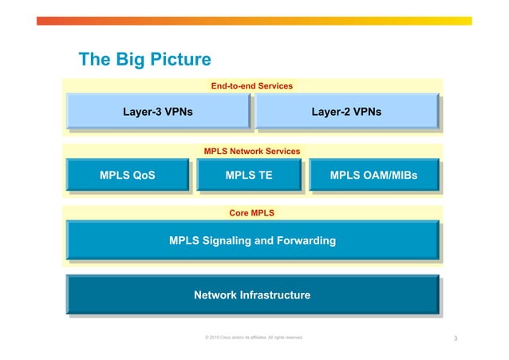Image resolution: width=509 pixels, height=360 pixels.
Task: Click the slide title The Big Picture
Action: point(144,60)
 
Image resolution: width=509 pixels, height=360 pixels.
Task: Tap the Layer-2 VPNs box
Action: point(345,112)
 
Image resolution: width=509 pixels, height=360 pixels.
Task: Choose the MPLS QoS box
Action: point(127,176)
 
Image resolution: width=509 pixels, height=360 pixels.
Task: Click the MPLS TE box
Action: point(249,176)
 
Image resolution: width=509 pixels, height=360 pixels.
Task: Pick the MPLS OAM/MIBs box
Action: point(373,176)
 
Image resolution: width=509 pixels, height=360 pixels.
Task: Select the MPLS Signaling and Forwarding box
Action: point(252,240)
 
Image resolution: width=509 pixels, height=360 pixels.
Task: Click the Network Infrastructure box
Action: point(252,295)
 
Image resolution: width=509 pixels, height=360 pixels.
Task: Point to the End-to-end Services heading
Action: point(251,85)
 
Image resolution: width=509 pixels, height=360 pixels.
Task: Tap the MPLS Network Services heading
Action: point(251,151)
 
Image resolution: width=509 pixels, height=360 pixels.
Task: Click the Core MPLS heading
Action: point(251,213)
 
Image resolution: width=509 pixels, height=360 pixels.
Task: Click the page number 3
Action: point(455,340)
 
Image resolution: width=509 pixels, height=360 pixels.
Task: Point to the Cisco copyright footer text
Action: point(254,338)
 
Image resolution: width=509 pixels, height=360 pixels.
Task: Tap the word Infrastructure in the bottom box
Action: point(274,295)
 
